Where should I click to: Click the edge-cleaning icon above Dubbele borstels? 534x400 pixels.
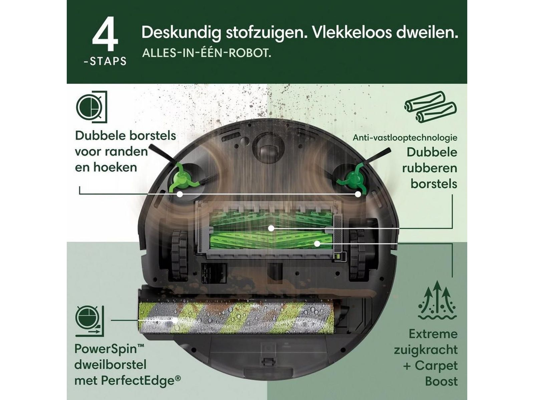click(91, 107)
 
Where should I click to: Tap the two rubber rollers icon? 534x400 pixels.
click(430, 107)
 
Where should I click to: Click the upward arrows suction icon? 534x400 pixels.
click(438, 300)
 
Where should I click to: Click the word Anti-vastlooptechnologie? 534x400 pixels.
click(405, 138)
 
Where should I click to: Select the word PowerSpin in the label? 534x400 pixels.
click(106, 349)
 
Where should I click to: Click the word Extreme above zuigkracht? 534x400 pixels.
click(433, 334)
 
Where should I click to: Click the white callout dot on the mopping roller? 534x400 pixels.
click(175, 320)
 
